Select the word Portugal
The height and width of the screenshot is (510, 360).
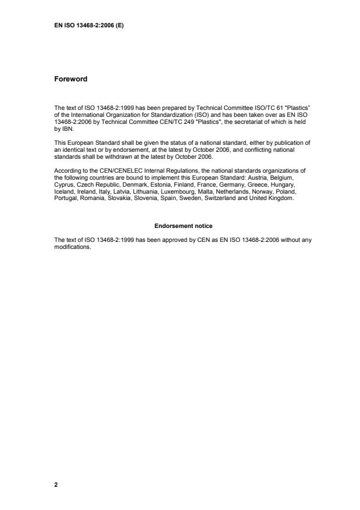(65, 197)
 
